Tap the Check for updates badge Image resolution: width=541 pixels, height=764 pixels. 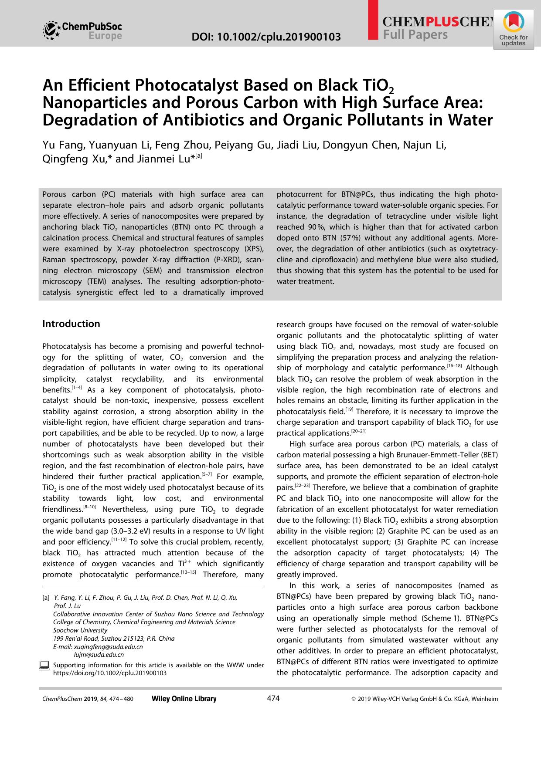pos(514,30)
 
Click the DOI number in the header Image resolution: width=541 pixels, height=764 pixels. pos(266,37)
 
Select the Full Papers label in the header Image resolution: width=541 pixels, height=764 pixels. pos(415,35)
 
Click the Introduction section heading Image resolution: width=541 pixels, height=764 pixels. pos(71,324)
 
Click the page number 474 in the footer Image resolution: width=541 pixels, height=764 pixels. pos(273,698)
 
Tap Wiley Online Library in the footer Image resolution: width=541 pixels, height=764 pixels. pos(184,699)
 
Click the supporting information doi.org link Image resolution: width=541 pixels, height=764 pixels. pos(109,673)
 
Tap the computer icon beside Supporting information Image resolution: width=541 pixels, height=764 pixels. pos(44,665)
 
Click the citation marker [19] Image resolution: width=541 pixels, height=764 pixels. pos(349,409)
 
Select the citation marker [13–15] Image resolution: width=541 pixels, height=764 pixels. pos(188,572)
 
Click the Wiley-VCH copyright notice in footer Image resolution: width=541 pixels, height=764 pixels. pos(425,699)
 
